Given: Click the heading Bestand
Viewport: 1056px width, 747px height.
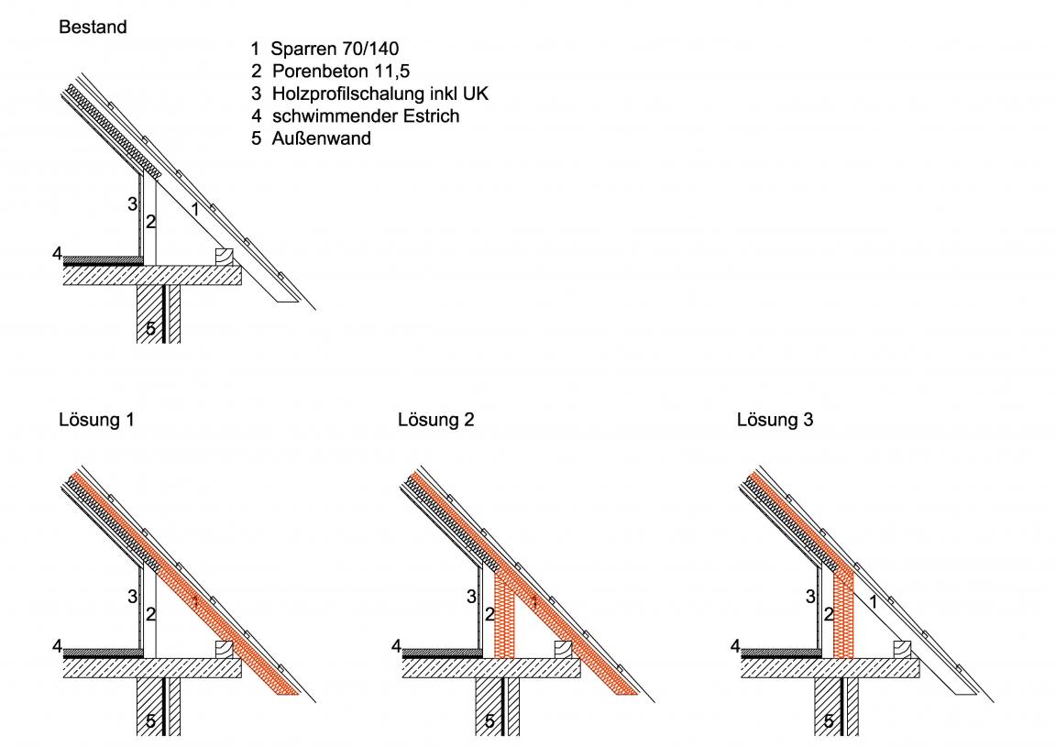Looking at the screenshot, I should [93, 27].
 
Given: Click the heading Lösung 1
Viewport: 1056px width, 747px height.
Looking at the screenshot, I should [98, 421].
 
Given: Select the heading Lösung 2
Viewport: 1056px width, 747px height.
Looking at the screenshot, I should [436, 421].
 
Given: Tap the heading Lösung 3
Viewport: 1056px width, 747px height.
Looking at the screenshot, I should [775, 421].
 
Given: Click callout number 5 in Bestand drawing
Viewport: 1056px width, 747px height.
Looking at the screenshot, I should [151, 328].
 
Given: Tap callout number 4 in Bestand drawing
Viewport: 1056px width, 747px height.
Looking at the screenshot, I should [57, 253].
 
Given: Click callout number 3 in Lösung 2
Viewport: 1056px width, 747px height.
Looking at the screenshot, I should [471, 598].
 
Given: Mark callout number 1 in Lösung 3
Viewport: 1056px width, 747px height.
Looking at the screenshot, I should [873, 602].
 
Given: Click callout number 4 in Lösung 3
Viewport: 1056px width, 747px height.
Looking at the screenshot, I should [735, 647].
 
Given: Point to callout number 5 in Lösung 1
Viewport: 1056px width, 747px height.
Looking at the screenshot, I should [151, 721].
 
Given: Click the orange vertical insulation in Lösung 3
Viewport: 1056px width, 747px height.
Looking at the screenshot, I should [843, 614].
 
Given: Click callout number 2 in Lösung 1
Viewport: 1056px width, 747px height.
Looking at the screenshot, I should [150, 613].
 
